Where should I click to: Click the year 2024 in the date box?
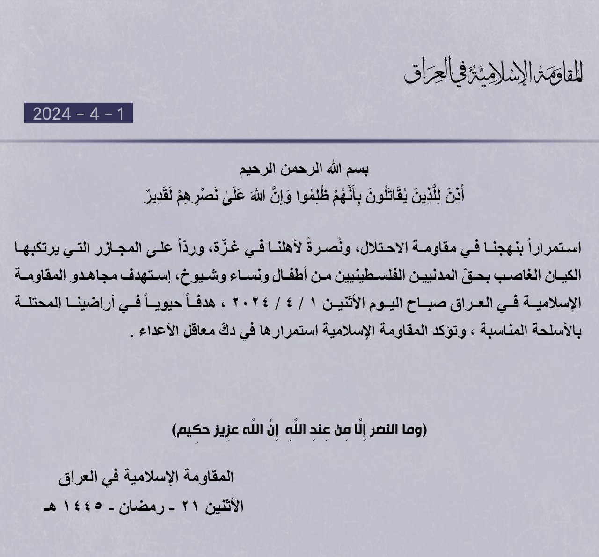(x=51, y=114)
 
